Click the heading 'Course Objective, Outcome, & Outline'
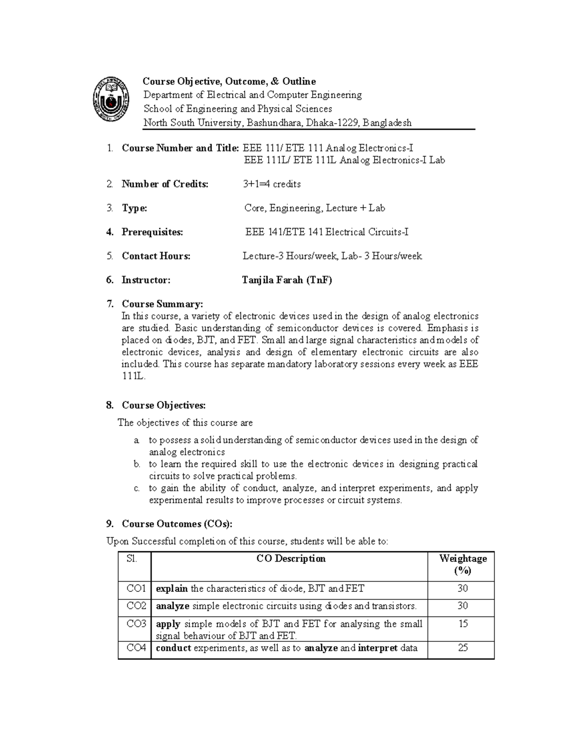[229, 82]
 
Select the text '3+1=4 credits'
[272, 184]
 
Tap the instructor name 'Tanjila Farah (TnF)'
[287, 280]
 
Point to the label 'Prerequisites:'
[152, 232]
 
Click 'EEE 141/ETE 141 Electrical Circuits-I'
[326, 232]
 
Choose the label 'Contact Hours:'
[156, 256]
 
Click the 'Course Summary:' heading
[162, 304]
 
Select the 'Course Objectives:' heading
[164, 405]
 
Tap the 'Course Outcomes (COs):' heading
[177, 524]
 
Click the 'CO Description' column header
[291, 559]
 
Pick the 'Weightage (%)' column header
[463, 564]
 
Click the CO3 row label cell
[136, 624]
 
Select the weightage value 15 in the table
[463, 624]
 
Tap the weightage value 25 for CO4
[463, 648]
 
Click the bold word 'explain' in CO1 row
[172, 589]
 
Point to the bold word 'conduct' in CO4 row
[173, 648]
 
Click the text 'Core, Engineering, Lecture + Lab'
[315, 208]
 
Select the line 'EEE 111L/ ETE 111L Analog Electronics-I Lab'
[344, 160]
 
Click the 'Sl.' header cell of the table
[132, 559]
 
